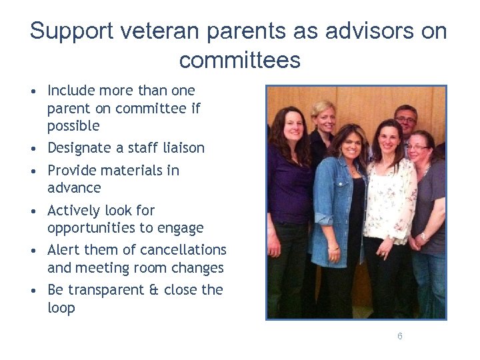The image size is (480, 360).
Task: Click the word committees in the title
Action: pyautogui.click(x=240, y=61)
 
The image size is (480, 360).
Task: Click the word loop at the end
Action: pyautogui.click(x=61, y=308)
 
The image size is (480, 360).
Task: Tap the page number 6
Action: pyautogui.click(x=400, y=336)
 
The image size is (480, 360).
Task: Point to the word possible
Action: pyautogui.click(x=73, y=126)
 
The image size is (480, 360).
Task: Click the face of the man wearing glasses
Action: pyautogui.click(x=405, y=124)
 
